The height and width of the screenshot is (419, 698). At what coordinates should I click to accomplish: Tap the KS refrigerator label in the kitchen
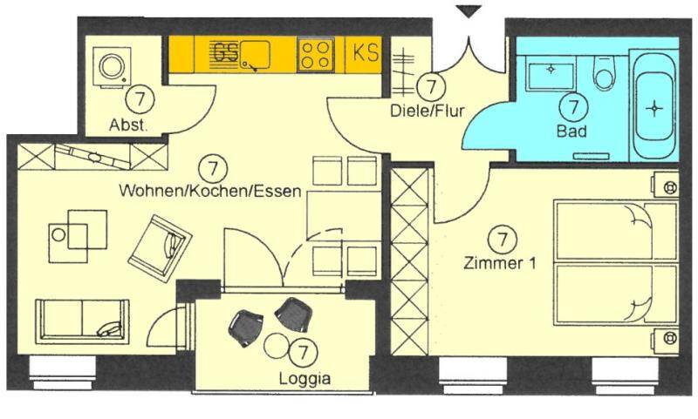[366, 53]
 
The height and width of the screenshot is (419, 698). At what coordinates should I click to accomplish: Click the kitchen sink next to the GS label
[256, 55]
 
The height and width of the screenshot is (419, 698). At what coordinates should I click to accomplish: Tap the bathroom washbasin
[551, 68]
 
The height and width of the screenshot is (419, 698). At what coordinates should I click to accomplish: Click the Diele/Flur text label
[427, 111]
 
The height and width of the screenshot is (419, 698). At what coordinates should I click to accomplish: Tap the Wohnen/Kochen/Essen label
[210, 191]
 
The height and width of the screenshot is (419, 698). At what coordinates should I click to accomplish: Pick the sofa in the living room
[82, 320]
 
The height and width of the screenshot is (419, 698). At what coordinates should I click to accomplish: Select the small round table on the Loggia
[278, 346]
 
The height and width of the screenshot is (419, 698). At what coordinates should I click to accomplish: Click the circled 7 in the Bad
[572, 107]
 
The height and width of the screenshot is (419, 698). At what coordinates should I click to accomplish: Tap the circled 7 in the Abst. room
[140, 98]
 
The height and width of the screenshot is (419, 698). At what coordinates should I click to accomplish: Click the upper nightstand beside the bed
[667, 186]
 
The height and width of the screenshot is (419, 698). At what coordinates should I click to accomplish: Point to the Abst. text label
[128, 125]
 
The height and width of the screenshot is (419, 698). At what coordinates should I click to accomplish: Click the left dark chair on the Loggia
[244, 325]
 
